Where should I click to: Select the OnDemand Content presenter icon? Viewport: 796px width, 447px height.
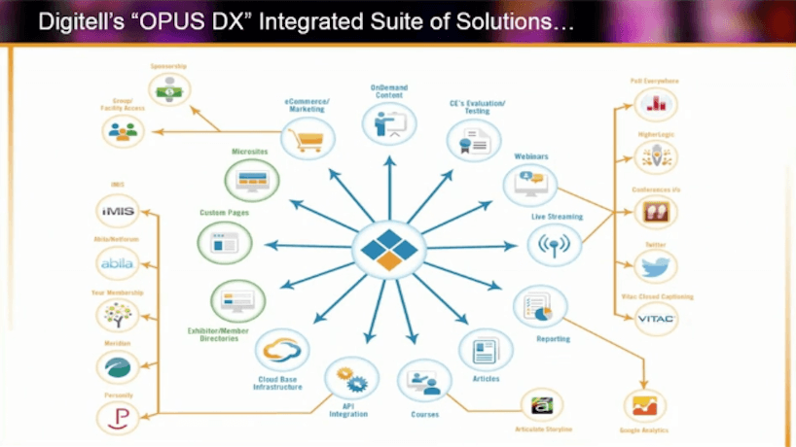pos(389,123)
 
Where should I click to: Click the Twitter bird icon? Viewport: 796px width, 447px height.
pos(655,265)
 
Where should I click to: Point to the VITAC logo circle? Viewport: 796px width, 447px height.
pos(655,318)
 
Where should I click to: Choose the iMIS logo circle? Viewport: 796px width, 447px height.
pos(120,210)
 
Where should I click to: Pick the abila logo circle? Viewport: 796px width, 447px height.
pos(120,262)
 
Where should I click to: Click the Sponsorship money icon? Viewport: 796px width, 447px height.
pos(168,89)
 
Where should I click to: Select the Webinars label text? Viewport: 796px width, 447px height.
pos(533,155)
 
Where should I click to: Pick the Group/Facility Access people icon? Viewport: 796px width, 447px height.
pos(123,129)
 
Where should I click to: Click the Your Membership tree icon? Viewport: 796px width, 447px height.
pos(120,315)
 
